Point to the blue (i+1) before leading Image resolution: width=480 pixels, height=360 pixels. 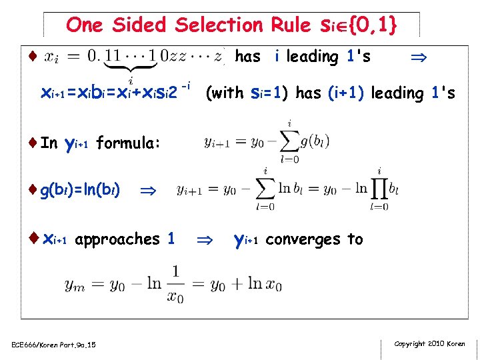[x=345, y=93]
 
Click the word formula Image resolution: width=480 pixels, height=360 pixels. [x=127, y=143]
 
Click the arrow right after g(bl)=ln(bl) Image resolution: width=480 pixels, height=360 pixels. [x=147, y=191]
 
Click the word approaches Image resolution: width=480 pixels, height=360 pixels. [x=117, y=239]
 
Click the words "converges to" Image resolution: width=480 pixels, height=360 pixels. [x=314, y=239]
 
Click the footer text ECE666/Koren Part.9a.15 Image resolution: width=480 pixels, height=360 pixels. [x=53, y=344]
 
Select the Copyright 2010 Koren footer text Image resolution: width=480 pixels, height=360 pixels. [x=429, y=343]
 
